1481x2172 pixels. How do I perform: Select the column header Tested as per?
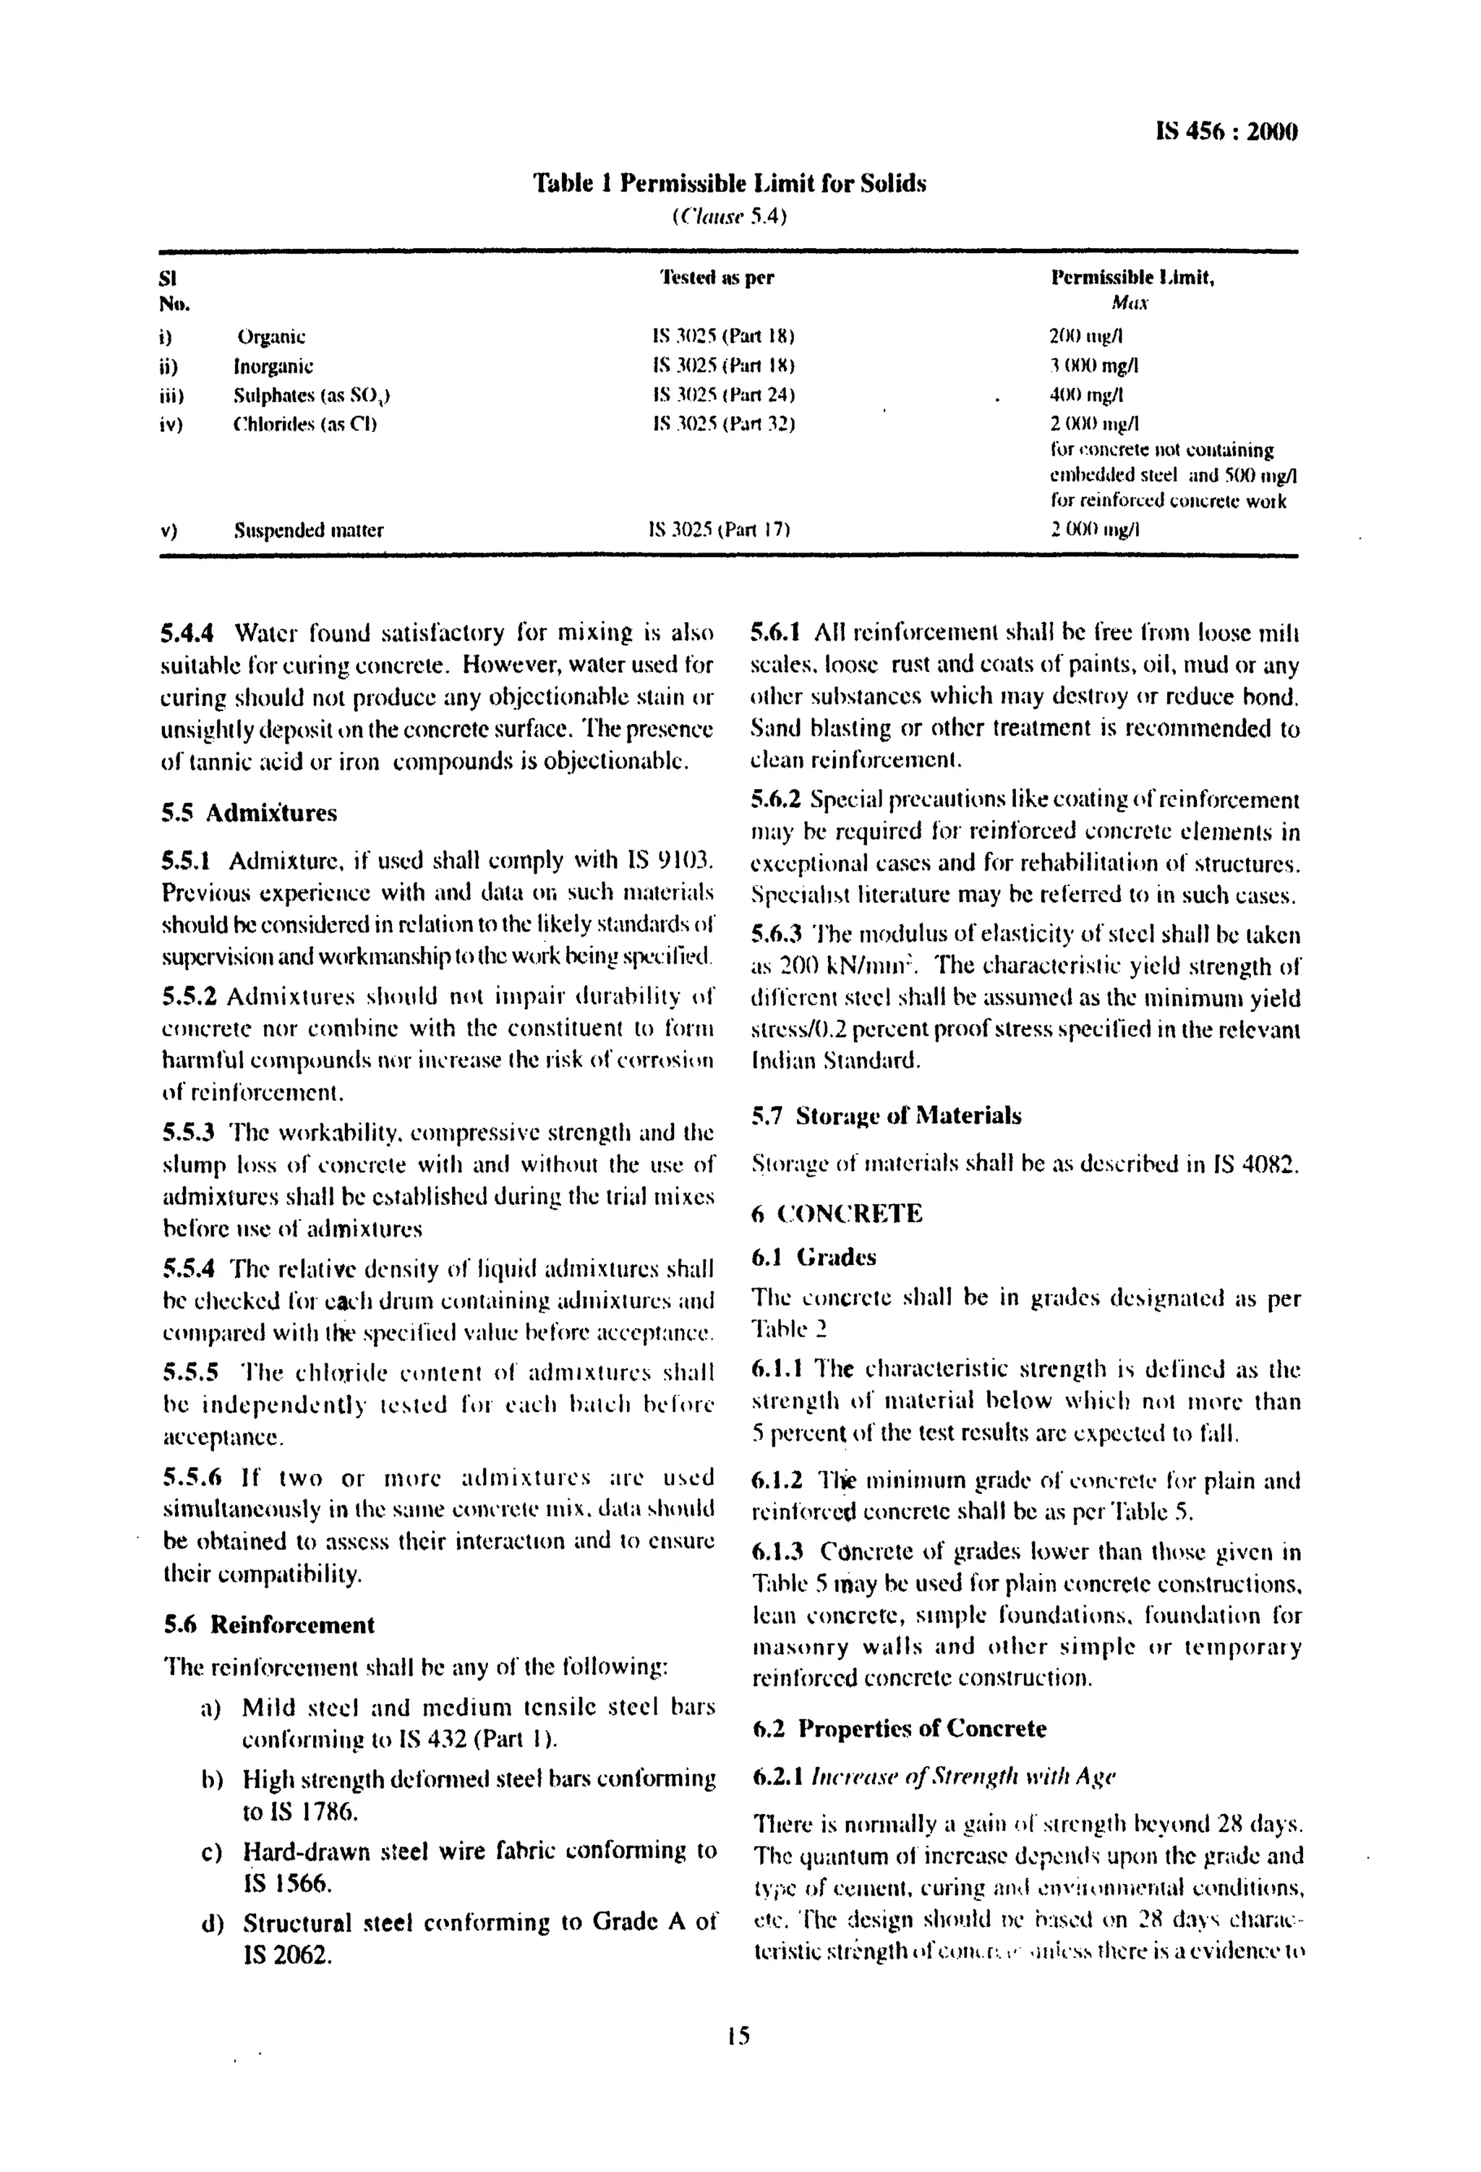click(717, 278)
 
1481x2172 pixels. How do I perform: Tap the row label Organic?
click(271, 336)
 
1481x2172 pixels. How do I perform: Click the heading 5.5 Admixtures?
click(249, 812)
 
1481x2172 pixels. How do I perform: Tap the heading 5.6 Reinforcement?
click(269, 1625)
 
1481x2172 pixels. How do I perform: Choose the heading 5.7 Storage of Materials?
click(886, 1116)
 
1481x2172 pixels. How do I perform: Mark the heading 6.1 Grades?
click(814, 1258)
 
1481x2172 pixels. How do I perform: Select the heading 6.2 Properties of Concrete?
click(899, 1729)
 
